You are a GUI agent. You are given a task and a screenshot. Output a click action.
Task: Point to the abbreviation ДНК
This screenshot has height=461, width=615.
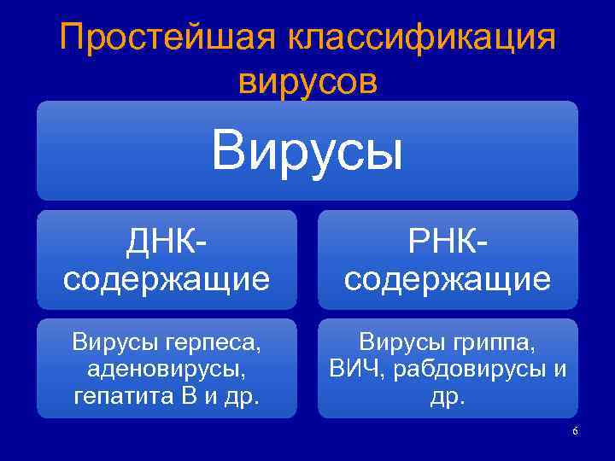(161, 242)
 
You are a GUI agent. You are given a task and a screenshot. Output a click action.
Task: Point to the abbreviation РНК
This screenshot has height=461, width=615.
(443, 242)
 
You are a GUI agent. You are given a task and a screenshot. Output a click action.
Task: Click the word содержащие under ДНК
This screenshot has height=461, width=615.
(167, 278)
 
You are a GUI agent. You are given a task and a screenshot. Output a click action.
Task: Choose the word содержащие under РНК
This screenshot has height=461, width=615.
(448, 278)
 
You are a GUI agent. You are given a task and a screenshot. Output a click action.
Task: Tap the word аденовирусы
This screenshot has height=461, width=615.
(167, 369)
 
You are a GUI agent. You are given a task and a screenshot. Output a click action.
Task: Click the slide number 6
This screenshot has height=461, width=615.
(575, 431)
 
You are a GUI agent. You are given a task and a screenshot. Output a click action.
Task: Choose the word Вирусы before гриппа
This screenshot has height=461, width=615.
(402, 344)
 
